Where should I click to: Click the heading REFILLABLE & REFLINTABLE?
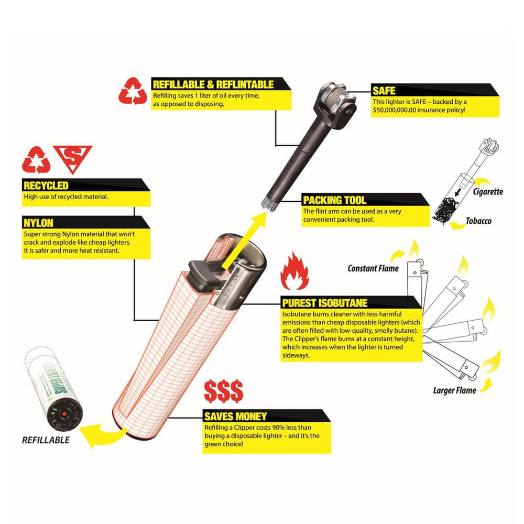[x=213, y=84]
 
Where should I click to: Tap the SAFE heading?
[x=384, y=91]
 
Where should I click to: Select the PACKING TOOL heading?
[x=334, y=200]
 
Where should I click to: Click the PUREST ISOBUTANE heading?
[x=325, y=303]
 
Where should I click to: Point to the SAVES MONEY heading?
[x=236, y=417]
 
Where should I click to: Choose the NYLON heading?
[x=38, y=223]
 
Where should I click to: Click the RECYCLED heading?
[x=46, y=185]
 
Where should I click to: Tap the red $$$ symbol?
[x=224, y=391]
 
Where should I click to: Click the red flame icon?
[x=294, y=271]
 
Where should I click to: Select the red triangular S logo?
[x=72, y=158]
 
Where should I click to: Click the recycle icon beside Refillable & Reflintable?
[x=133, y=91]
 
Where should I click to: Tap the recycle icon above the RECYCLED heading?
[x=36, y=160]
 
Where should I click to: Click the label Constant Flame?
[x=373, y=268]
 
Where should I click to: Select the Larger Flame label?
[x=454, y=390]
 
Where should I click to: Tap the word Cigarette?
[x=488, y=191]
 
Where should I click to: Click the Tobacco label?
[x=478, y=221]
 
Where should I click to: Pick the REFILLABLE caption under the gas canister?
[x=46, y=440]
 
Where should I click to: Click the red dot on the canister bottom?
[x=64, y=414]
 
